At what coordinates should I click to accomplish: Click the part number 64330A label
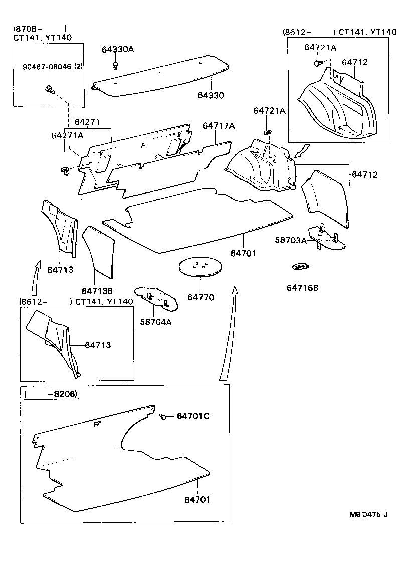coord(117,49)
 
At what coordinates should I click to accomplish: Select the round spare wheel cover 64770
coord(200,267)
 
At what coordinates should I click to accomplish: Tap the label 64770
coord(200,297)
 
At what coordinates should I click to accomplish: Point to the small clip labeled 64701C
coord(162,416)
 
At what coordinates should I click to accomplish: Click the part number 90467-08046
coord(47,67)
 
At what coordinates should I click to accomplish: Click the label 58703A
coord(291,240)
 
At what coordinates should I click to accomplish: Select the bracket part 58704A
coord(156,298)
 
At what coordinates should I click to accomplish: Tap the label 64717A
coord(219,126)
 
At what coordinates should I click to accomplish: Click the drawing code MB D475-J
coord(368,515)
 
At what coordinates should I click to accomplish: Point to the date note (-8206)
coord(51,394)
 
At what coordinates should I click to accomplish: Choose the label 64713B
coord(97,291)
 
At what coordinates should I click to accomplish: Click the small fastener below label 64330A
coord(116,66)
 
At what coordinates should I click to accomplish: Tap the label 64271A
coord(67,135)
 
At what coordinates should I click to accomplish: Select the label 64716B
coord(302,288)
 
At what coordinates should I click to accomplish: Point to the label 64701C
coord(193,416)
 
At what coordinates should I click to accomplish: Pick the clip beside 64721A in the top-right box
coord(318,63)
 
